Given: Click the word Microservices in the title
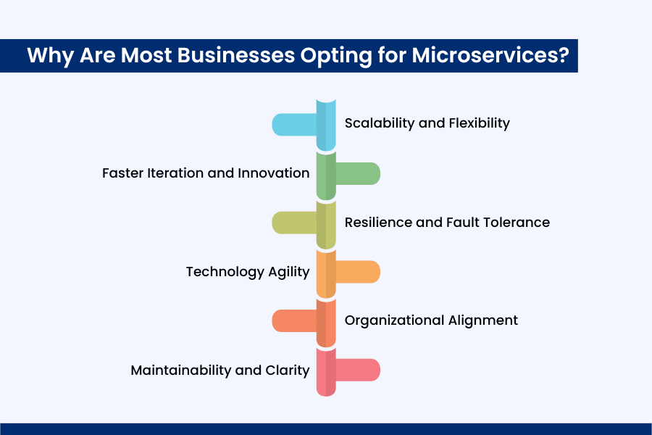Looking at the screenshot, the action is click(490, 55).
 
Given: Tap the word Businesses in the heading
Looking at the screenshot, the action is click(236, 55).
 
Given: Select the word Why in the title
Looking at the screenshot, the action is click(50, 56).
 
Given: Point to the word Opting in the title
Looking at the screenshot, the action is click(336, 56).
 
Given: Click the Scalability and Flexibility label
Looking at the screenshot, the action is click(427, 123).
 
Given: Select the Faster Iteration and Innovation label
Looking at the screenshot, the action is click(206, 173).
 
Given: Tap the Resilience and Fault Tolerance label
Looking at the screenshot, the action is click(447, 223).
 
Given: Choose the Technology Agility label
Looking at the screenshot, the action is click(248, 272).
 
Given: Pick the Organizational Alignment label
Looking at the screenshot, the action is click(431, 320).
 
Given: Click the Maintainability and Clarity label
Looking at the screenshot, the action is click(220, 370).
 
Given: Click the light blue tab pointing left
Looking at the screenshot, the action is click(294, 125).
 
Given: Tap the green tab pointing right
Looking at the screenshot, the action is click(358, 173).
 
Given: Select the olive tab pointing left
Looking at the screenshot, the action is click(294, 223).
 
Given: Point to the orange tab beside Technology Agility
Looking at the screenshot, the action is click(358, 272).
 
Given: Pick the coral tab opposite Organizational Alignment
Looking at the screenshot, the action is click(294, 321).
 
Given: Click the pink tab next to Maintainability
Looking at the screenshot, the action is click(358, 370).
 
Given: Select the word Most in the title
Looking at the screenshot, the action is click(146, 55).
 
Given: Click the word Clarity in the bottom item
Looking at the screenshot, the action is click(288, 370).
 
